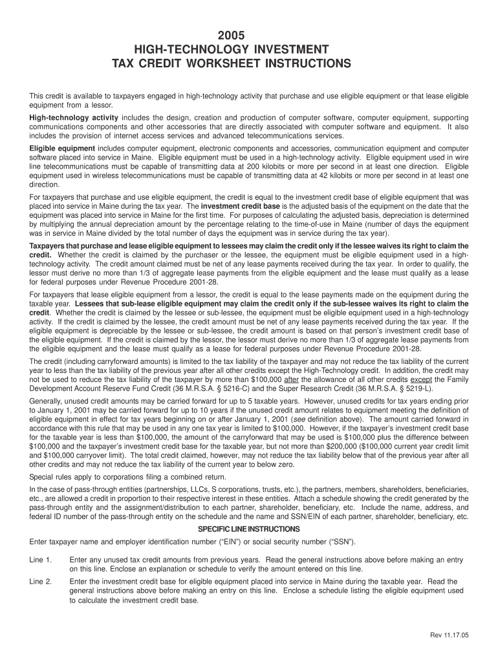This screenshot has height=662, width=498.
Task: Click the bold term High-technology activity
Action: click(74, 118)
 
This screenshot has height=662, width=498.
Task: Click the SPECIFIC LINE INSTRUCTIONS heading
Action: click(248, 528)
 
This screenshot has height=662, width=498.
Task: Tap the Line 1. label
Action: click(41, 559)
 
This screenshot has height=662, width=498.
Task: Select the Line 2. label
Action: click(41, 581)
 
